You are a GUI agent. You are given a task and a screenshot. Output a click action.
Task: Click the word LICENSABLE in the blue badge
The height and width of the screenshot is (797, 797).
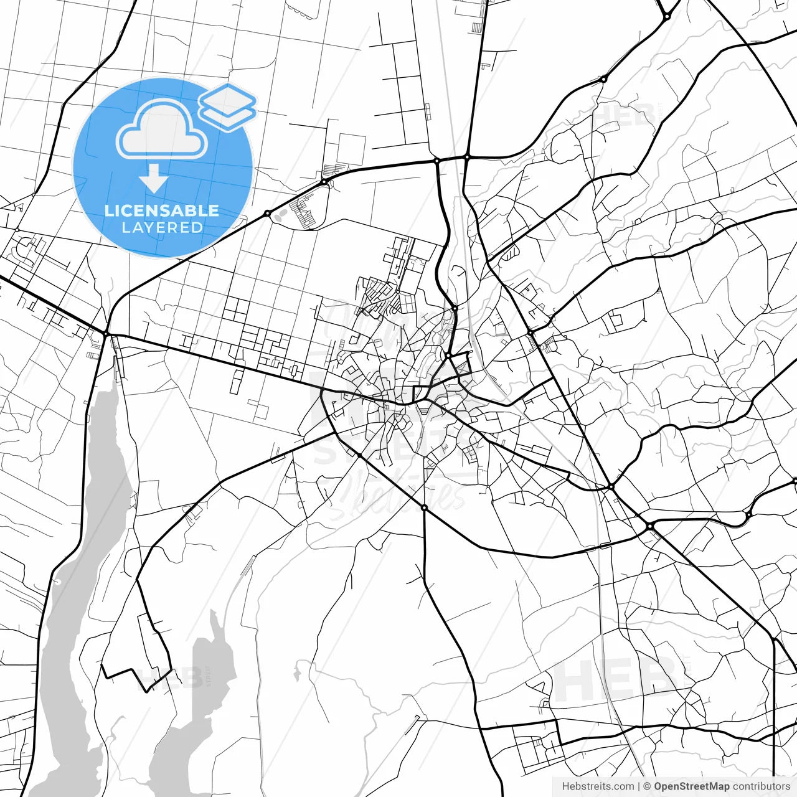pyautogui.click(x=162, y=210)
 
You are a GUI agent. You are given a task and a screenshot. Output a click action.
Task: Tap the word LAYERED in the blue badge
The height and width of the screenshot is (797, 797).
pyautogui.click(x=162, y=228)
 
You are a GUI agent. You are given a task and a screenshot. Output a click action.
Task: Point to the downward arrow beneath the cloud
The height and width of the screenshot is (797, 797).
pyautogui.click(x=153, y=179)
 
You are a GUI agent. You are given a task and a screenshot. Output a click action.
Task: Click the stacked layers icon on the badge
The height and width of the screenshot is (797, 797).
pyautogui.click(x=227, y=106)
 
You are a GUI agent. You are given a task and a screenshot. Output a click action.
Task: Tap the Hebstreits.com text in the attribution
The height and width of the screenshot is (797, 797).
pyautogui.click(x=598, y=786)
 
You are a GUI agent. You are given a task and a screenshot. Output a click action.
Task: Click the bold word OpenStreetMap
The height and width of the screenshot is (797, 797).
pyautogui.click(x=692, y=786)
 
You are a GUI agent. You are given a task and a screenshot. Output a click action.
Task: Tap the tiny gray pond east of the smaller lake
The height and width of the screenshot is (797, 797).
pyautogui.click(x=298, y=671)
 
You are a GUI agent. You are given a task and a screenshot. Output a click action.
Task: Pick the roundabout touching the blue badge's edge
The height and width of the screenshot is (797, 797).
pyautogui.click(x=267, y=214)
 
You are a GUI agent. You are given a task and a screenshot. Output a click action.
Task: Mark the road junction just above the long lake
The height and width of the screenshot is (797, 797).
pyautogui.click(x=106, y=334)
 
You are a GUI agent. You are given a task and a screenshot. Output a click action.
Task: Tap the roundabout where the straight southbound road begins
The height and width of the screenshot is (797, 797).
pyautogui.click(x=425, y=508)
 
